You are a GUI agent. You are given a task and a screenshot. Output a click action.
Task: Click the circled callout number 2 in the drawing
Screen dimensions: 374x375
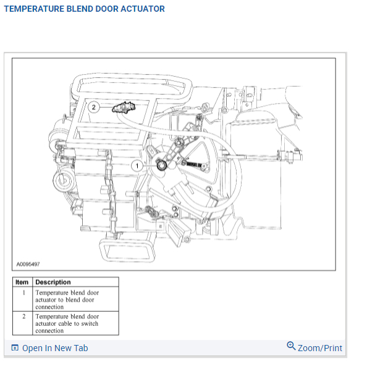(x=93, y=106)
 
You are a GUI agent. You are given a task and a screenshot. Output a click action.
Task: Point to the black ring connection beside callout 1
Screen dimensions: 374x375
(x=162, y=164)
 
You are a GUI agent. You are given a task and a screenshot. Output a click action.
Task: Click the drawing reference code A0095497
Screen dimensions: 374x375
(x=28, y=264)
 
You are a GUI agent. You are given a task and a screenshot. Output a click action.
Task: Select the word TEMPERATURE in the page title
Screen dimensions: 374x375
(x=32, y=9)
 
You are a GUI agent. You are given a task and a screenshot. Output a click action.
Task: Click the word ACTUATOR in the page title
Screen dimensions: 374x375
(x=144, y=9)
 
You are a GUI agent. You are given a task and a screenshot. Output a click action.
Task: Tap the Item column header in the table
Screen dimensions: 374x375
(x=22, y=282)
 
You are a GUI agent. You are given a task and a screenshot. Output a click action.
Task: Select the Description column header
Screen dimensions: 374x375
(x=53, y=282)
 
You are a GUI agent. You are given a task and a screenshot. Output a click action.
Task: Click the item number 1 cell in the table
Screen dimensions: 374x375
(x=23, y=292)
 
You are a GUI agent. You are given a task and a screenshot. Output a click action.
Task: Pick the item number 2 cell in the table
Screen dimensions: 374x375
(x=23, y=316)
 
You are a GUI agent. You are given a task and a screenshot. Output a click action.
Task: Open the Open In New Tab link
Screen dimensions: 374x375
(x=55, y=348)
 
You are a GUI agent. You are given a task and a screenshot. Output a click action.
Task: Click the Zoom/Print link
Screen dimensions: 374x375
(x=320, y=348)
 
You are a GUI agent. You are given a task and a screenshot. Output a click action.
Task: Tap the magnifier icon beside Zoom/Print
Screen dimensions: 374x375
(x=291, y=346)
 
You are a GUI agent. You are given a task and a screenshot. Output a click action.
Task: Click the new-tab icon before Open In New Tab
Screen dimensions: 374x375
(x=15, y=348)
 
